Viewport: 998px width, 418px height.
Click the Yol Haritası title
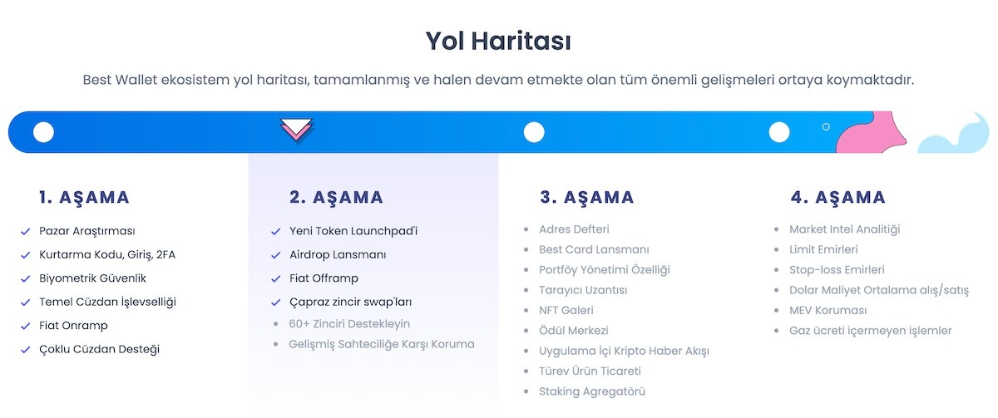point(498,40)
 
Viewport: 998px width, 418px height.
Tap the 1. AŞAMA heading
point(84,198)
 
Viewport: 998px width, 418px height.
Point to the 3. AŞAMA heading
point(586,198)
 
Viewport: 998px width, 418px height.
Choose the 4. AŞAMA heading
point(837,198)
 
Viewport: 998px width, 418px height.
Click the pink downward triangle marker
point(297,130)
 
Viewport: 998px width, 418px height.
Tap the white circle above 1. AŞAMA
point(43,131)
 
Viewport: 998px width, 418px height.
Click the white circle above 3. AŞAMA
point(534,132)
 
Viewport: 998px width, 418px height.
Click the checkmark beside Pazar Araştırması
point(26,231)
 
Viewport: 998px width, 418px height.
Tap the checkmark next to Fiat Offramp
point(276,278)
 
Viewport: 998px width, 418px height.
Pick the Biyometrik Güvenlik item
point(92,278)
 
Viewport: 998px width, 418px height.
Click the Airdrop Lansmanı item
point(338,255)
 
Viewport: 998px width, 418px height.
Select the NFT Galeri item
point(566,310)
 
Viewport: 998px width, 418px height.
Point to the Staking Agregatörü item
point(591,391)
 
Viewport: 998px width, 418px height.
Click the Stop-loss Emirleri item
point(837,270)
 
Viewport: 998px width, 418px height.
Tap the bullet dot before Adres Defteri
point(526,229)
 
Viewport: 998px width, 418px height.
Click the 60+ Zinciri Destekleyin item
point(349,323)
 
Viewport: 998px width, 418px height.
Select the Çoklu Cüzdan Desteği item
point(99,349)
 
